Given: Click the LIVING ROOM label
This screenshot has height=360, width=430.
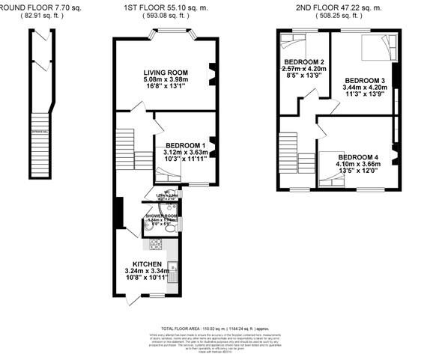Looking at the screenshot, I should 166,73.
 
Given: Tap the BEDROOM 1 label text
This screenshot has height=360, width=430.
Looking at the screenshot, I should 184,145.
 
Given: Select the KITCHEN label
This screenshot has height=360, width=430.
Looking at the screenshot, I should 147,265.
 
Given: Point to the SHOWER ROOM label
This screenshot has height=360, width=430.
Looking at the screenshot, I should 160,216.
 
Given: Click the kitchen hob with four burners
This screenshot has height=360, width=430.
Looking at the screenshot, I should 156,244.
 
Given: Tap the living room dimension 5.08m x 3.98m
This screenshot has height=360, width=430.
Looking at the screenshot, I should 166,79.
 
